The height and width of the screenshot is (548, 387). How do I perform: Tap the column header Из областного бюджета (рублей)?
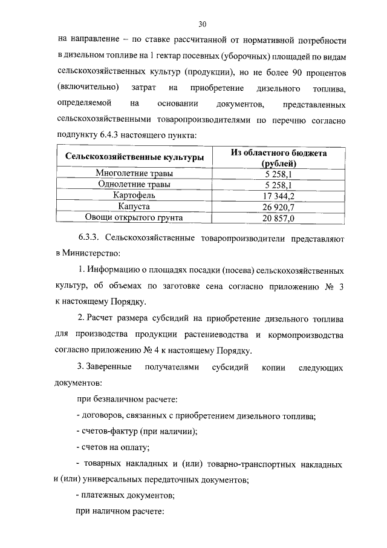pos(279,158)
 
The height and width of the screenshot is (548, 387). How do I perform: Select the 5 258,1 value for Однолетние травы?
pos(279,185)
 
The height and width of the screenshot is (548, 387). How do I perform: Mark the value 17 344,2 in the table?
pos(279,196)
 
